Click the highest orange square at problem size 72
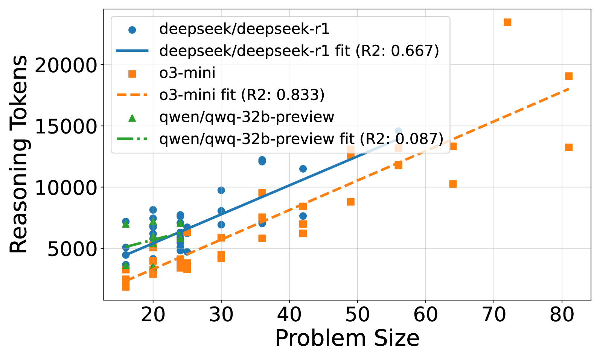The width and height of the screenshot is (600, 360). (507, 22)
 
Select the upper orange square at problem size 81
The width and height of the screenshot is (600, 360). (569, 76)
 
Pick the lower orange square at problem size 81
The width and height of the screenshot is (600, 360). (569, 147)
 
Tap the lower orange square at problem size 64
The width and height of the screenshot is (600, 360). (453, 184)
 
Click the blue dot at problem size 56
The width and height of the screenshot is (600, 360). (398, 131)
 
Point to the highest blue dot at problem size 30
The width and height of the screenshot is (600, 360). (221, 190)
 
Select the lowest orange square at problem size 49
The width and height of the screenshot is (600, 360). (350, 202)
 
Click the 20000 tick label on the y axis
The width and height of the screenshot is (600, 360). (66, 65)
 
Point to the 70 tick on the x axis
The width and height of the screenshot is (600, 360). (494, 314)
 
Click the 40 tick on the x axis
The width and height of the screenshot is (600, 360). (289, 314)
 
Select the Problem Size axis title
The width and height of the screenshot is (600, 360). (347, 338)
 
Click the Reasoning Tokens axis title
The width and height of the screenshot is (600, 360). (19, 154)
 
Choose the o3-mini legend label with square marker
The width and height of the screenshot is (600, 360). (187, 73)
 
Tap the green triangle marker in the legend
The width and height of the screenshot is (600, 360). (132, 118)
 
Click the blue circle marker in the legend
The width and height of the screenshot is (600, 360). (132, 30)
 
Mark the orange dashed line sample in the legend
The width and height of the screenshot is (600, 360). (132, 95)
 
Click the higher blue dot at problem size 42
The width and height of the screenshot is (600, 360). (303, 169)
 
